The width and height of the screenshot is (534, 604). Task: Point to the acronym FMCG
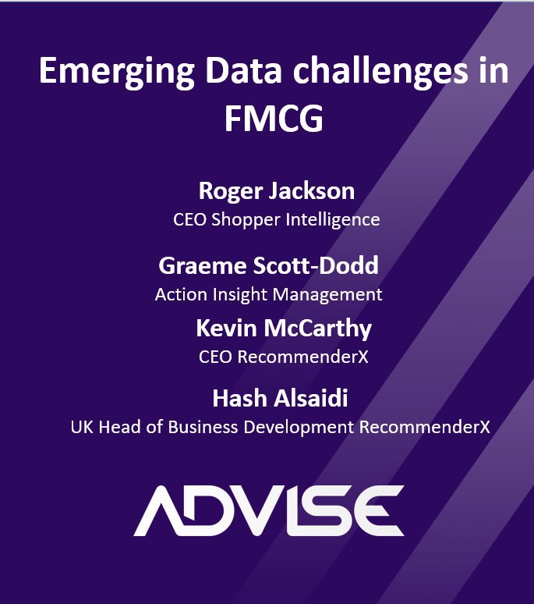point(274,119)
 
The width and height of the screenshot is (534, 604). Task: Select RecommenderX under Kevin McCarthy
point(302,357)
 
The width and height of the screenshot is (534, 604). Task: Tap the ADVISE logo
point(269,511)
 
